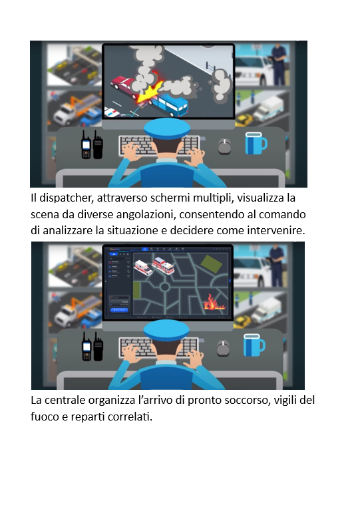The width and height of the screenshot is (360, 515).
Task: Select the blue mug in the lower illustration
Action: point(254,345)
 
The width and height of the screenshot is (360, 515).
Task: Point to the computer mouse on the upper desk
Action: point(225,146)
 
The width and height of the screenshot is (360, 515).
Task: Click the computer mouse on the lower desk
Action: point(224,348)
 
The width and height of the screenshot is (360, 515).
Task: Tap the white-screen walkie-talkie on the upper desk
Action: point(86,146)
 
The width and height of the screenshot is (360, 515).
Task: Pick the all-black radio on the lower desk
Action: point(98,347)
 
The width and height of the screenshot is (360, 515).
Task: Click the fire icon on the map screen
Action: point(214,302)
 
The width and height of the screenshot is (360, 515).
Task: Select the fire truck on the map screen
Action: point(163,265)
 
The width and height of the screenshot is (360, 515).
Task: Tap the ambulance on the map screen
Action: point(143,267)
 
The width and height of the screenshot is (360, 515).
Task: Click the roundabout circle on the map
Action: point(164,287)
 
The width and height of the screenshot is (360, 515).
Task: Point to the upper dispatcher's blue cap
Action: point(167,128)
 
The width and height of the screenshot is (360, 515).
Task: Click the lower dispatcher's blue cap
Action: point(166,330)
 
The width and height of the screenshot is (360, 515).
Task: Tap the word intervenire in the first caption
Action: point(276,231)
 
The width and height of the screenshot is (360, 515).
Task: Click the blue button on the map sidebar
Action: point(119,309)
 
